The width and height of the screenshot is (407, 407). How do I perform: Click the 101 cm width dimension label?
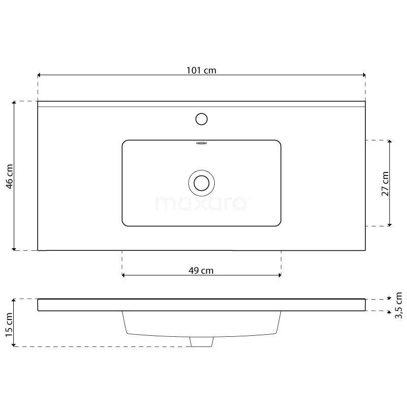click(201, 71)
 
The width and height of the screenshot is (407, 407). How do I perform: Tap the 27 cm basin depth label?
click(385, 183)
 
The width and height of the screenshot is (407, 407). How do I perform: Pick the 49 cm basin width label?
click(201, 271)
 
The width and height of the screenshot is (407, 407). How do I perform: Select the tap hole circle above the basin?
click(201, 119)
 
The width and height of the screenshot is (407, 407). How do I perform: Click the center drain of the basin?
click(201, 183)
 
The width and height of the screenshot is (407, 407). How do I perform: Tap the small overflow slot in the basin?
click(201, 143)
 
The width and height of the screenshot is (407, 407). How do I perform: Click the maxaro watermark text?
click(201, 203)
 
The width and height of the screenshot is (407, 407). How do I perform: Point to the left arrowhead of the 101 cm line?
click(40, 74)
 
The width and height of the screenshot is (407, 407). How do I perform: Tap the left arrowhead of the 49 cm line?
click(124, 275)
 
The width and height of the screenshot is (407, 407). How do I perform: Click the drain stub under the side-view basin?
click(201, 342)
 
